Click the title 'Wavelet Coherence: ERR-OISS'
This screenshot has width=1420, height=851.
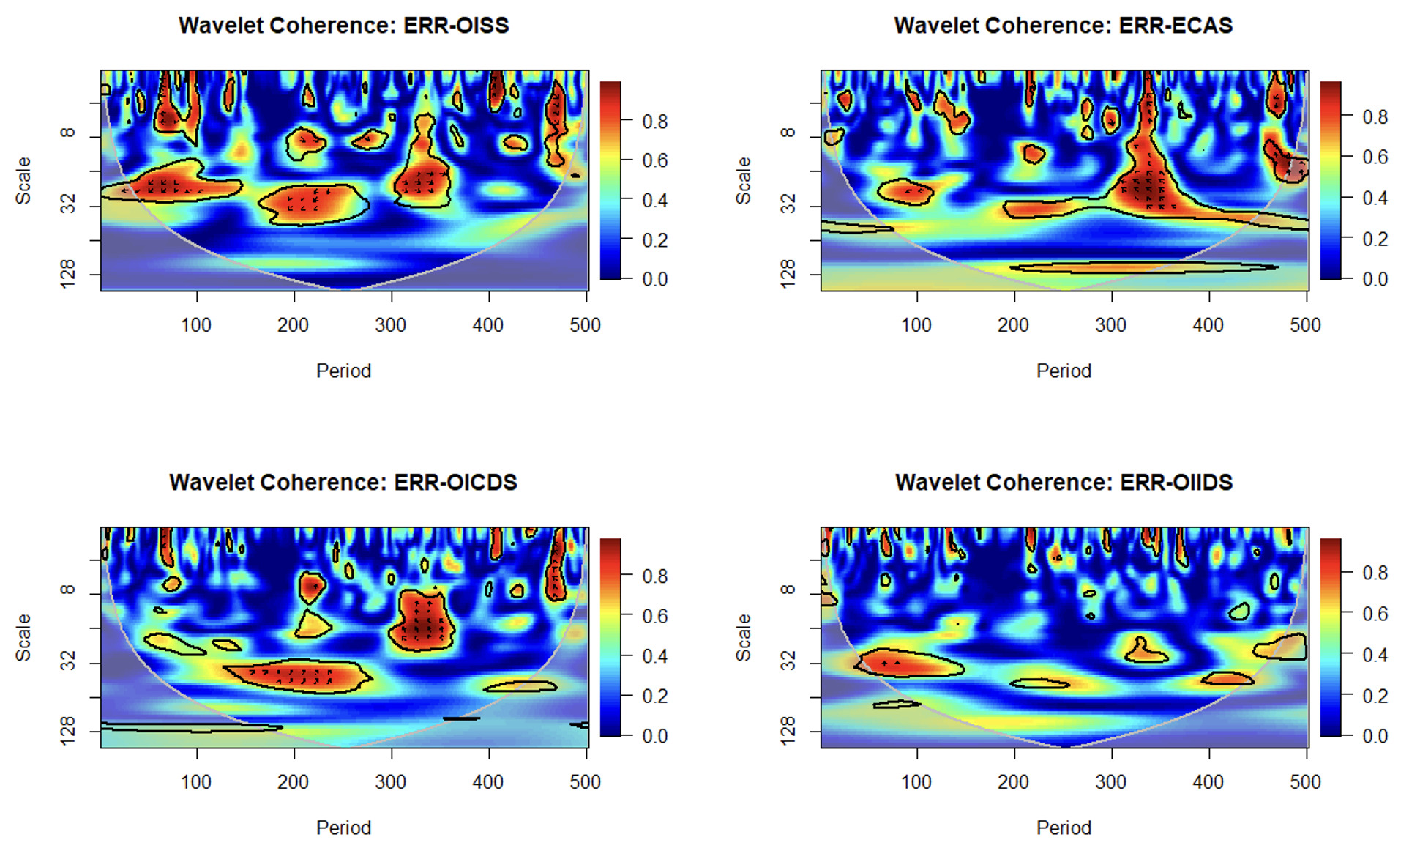click(x=343, y=26)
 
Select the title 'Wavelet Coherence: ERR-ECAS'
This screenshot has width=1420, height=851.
click(x=1063, y=26)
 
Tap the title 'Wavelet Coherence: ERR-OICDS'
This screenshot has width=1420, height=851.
click(x=343, y=483)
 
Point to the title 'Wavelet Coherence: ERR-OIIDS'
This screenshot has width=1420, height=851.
click(x=1064, y=483)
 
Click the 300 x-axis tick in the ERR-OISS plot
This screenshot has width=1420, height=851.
click(x=390, y=325)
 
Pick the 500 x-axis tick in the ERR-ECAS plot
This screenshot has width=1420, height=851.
click(x=1305, y=325)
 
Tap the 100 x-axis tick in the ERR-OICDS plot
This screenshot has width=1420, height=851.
click(x=196, y=782)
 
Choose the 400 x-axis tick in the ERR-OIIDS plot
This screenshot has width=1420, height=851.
click(x=1208, y=782)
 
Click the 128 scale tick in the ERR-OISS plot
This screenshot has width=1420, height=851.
click(x=67, y=274)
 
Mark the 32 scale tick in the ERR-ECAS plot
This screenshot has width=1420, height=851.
click(x=788, y=205)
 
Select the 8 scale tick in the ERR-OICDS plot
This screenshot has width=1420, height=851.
click(x=67, y=590)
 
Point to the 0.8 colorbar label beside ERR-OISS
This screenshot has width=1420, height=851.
click(x=654, y=122)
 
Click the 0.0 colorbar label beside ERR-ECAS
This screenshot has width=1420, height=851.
click(x=1375, y=279)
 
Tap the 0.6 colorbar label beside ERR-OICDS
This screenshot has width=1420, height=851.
click(x=654, y=617)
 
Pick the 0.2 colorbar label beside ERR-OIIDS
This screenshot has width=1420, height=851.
click(x=1375, y=696)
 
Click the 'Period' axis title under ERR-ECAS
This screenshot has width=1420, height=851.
click(x=1064, y=371)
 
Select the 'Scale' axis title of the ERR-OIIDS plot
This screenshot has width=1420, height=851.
click(x=744, y=637)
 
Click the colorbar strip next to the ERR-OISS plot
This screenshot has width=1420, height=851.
click(x=610, y=180)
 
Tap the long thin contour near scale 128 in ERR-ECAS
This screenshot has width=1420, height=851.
click(x=1142, y=268)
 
